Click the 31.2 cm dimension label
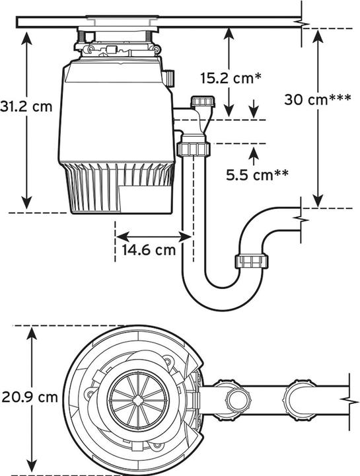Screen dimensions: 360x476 [x=26, y=107]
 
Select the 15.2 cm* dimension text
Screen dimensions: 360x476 [x=231, y=78]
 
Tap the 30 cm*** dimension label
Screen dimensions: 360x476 [x=318, y=99]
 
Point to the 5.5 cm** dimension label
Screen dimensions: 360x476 [x=257, y=175]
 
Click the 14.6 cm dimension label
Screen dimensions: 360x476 [x=149, y=250]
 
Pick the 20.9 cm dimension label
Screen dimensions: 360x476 [x=30, y=397]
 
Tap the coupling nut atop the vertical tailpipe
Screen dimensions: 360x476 [x=194, y=149]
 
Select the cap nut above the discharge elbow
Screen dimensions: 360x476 [x=203, y=101]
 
